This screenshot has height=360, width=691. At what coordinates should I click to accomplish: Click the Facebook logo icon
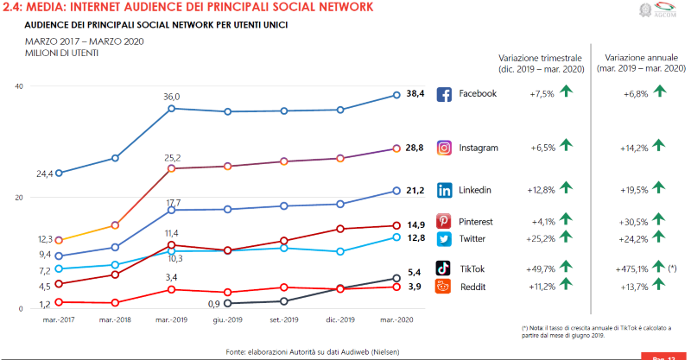pyautogui.click(x=444, y=94)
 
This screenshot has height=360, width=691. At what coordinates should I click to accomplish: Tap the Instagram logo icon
pyautogui.click(x=444, y=148)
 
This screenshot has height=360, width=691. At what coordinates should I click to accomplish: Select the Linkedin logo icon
pyautogui.click(x=444, y=190)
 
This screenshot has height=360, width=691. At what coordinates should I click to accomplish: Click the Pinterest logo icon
pyautogui.click(x=444, y=222)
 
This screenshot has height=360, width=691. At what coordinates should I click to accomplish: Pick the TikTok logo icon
pyautogui.click(x=444, y=268)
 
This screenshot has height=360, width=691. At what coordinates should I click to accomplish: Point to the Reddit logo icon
pyautogui.click(x=444, y=286)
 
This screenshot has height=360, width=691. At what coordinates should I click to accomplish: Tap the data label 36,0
pyautogui.click(x=172, y=97)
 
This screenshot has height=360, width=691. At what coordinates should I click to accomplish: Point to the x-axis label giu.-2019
pyautogui.click(x=228, y=320)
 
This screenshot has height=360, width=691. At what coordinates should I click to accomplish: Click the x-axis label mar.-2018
pyautogui.click(x=115, y=320)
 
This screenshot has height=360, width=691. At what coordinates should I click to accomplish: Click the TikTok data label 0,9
pyautogui.click(x=214, y=303)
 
